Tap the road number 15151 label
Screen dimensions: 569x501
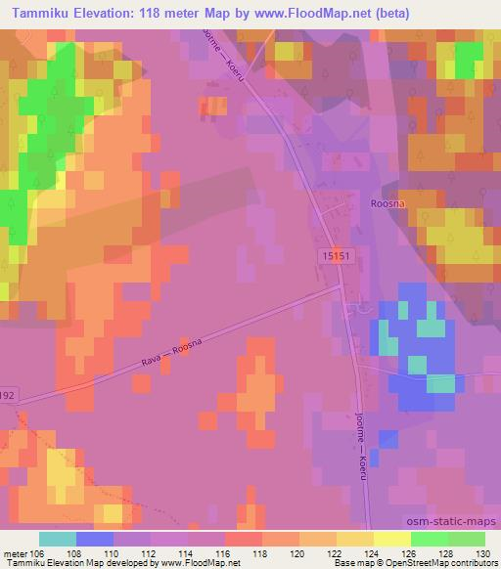point(334,252)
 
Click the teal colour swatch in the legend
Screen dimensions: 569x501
point(58,539)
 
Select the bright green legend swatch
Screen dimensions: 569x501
point(428,539)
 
